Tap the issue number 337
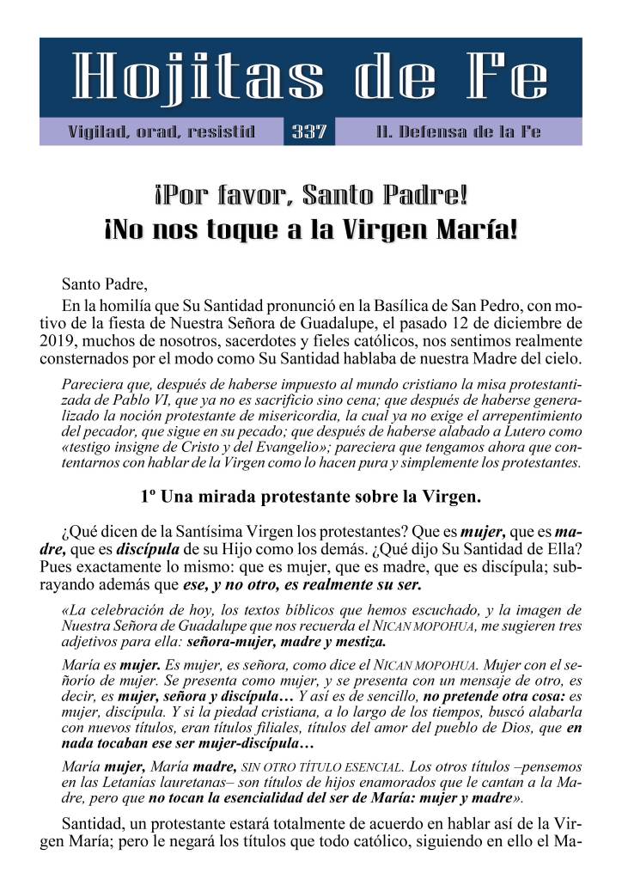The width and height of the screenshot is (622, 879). tap(309, 132)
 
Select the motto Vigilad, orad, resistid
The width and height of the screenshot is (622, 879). tap(162, 132)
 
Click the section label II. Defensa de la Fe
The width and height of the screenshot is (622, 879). tap(458, 132)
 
